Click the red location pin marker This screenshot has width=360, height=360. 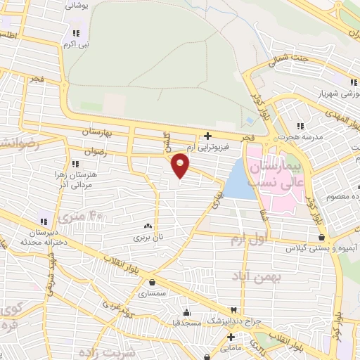181,164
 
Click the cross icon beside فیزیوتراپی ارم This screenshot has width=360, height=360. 207,136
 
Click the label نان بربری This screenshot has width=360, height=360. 148,238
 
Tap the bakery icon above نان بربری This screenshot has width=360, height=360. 148,227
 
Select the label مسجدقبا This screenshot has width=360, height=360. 186,323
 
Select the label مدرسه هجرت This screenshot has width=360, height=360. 293,137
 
